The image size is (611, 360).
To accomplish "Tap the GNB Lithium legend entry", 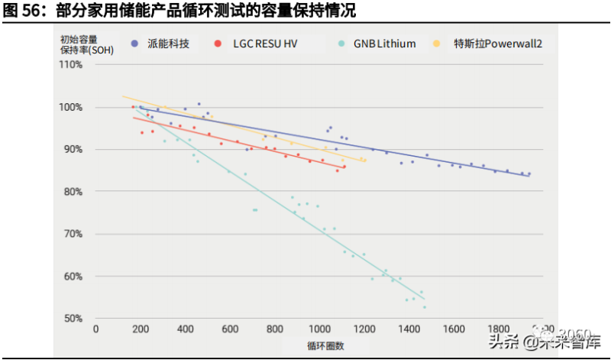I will click(x=378, y=44).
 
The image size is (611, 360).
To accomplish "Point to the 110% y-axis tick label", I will click(x=71, y=65).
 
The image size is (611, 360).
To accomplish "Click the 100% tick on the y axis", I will click(x=71, y=107).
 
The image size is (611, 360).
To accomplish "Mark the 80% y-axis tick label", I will click(x=71, y=192).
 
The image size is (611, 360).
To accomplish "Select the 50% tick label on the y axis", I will click(x=71, y=319).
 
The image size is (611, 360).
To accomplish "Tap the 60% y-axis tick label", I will click(x=71, y=277).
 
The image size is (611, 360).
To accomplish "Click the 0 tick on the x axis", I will click(x=95, y=329).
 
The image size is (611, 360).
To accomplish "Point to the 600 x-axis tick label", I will click(x=231, y=329).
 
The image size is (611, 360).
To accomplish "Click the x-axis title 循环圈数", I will click(x=325, y=346).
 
